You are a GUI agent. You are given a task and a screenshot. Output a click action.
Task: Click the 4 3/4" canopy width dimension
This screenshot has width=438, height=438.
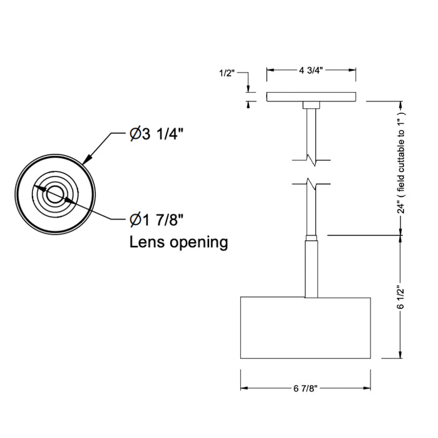[311, 70]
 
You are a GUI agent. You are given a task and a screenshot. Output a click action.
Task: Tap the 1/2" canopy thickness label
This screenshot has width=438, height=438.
[227, 73]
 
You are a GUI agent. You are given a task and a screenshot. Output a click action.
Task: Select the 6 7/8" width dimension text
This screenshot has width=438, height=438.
[305, 389]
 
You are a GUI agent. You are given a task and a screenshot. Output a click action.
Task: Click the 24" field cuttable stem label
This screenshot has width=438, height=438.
[401, 163]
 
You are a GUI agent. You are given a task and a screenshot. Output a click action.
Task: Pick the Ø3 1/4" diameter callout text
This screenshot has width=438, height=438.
[156, 135]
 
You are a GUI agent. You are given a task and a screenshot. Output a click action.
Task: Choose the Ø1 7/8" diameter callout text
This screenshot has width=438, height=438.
[156, 220]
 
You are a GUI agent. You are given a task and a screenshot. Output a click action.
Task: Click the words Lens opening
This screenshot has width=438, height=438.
[179, 242]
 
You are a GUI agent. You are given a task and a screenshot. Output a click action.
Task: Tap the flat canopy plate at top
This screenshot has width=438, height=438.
[311, 96]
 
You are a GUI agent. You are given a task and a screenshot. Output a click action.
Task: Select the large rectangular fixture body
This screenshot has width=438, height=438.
[305, 328]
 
